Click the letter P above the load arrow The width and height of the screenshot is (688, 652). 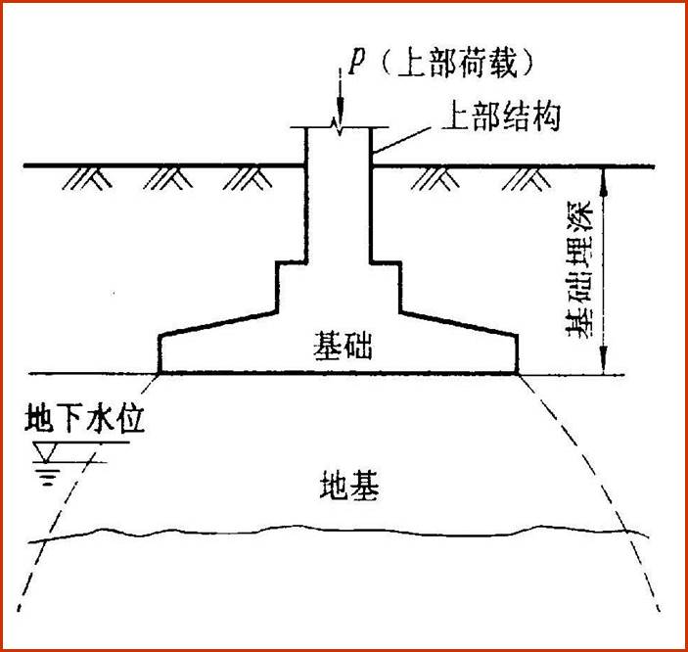(x=357, y=65)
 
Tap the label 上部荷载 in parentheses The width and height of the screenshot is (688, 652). (x=457, y=66)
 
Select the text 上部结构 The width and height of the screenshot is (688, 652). (x=501, y=116)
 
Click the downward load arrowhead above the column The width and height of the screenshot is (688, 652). (x=340, y=107)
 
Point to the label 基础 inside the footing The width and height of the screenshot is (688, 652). (x=343, y=346)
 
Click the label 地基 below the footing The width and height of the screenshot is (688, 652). (x=349, y=486)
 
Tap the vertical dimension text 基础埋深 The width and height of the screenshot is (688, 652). (x=580, y=269)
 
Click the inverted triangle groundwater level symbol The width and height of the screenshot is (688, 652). (x=46, y=452)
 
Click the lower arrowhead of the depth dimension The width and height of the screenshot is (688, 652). (x=604, y=361)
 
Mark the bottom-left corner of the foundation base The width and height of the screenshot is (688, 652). (x=159, y=373)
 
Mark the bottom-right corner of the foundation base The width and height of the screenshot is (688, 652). (x=518, y=373)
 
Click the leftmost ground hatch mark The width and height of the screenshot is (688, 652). (x=87, y=179)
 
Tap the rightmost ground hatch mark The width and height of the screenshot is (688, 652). (x=527, y=179)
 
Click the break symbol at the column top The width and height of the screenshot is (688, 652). (x=338, y=125)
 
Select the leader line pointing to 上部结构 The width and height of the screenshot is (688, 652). (x=399, y=141)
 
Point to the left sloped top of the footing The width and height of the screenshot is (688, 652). (x=218, y=324)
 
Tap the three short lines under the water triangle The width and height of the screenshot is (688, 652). (x=47, y=478)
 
